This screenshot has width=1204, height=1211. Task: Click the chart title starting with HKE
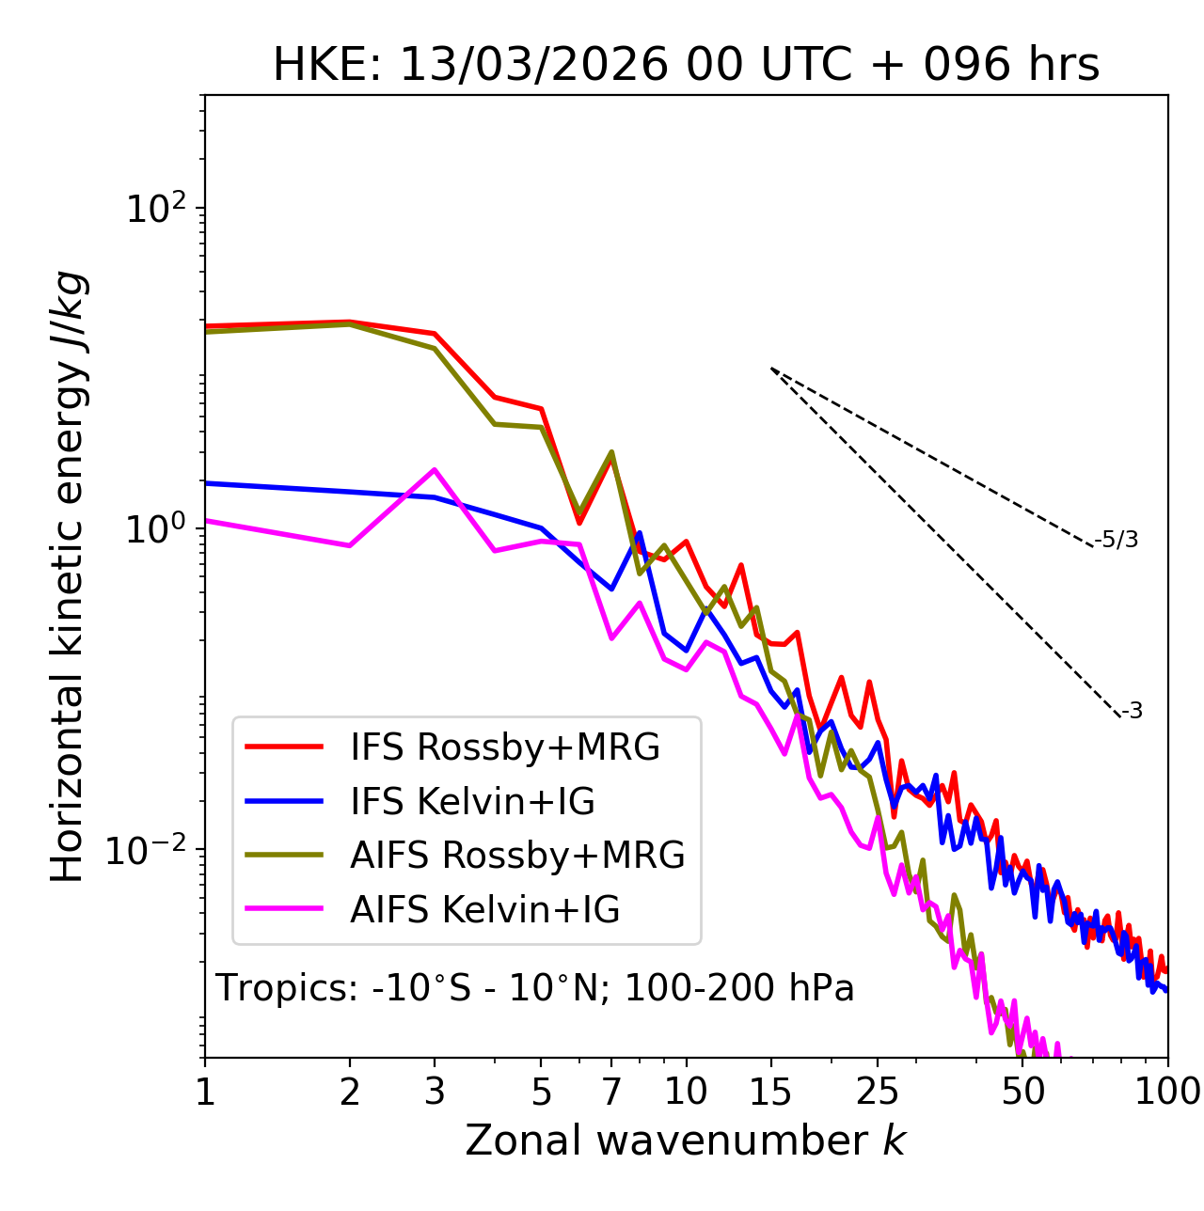pos(686,66)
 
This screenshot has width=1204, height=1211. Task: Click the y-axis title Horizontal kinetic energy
pos(69,577)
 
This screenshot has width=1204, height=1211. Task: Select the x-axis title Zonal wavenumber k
pos(686,1140)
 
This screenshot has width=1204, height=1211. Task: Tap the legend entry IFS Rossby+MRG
pos(505,747)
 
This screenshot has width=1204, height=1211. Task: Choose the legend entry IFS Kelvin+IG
pos(472,802)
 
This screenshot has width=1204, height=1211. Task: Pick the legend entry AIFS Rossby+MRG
pos(517,856)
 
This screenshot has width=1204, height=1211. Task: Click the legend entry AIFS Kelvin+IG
pos(484,910)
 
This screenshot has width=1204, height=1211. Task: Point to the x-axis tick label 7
pos(611,1092)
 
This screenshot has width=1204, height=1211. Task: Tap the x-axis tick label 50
pos(1022,1092)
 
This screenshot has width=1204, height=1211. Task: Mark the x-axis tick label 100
pos(1167,1092)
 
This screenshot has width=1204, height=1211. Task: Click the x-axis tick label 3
pos(434,1092)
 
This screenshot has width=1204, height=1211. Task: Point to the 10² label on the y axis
pos(156,208)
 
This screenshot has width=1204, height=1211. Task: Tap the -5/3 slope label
pos(1117,541)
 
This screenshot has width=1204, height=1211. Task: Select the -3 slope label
pos(1132,712)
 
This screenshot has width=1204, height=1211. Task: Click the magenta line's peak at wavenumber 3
pos(434,469)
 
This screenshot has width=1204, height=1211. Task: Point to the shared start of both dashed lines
pos(771,369)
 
